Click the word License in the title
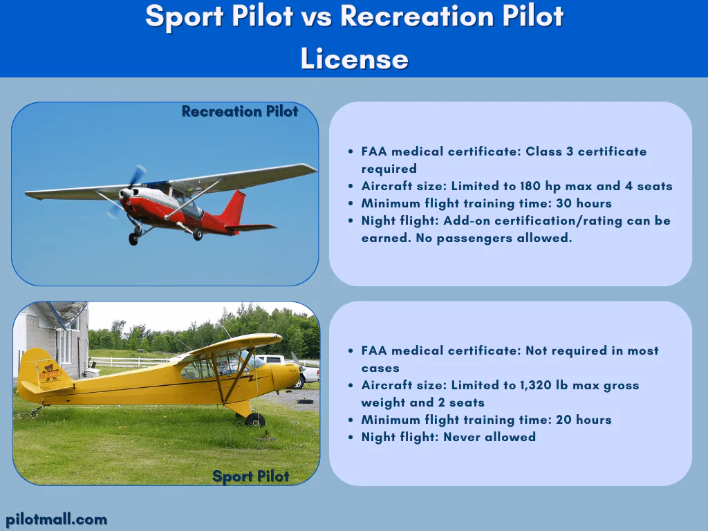tap(355, 59)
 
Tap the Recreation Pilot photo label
tap(240, 111)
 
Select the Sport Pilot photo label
tap(250, 476)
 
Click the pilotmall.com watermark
tap(57, 520)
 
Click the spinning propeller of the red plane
tap(127, 192)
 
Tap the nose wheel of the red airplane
tap(133, 239)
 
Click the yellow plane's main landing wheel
tap(255, 420)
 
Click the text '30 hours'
tap(584, 203)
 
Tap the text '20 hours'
tap(584, 420)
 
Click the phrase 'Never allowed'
tap(490, 437)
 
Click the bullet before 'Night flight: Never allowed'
tap(351, 438)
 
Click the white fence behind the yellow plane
tap(131, 362)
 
